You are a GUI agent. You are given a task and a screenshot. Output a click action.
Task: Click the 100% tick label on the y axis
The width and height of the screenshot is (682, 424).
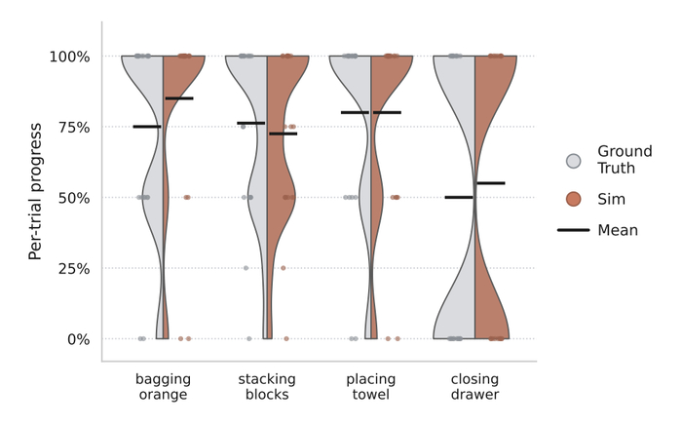click(x=69, y=57)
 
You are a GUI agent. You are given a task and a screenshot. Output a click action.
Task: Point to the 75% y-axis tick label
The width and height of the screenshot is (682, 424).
click(x=74, y=128)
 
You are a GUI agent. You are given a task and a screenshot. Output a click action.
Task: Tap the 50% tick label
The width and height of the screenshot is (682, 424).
click(x=74, y=198)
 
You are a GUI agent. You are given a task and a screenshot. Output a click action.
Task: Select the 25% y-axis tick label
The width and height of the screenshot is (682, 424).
click(x=74, y=269)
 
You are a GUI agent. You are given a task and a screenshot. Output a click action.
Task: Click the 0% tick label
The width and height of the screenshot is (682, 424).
click(x=79, y=339)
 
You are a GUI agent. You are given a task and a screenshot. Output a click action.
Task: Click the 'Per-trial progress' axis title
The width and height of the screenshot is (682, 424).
click(x=35, y=192)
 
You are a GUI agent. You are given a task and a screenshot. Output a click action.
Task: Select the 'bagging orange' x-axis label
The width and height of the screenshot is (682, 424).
click(x=163, y=387)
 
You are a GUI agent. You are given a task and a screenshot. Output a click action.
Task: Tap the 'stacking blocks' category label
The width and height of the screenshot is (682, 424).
click(x=267, y=387)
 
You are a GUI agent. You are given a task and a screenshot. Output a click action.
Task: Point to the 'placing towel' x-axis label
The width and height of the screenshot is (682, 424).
click(x=371, y=387)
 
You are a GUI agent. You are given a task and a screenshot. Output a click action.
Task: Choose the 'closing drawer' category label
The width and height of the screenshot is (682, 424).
click(x=475, y=387)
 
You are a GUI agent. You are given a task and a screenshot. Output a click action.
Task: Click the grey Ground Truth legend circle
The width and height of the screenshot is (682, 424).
click(x=574, y=161)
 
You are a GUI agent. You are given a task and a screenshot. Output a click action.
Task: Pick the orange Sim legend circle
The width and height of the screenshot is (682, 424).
click(x=574, y=199)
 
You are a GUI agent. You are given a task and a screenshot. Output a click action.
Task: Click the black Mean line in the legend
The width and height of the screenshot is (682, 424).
click(x=574, y=230)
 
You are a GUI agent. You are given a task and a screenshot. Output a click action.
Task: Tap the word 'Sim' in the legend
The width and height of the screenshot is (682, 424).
click(x=611, y=199)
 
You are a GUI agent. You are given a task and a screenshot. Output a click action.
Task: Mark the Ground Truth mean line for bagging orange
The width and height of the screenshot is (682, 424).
click(x=147, y=127)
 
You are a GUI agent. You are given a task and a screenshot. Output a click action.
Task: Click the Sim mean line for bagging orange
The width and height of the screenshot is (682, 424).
click(x=179, y=98)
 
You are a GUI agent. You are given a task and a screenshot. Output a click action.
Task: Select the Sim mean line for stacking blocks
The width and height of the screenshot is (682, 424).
click(x=284, y=134)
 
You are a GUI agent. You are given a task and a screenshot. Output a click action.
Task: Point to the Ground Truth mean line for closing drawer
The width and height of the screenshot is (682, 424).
click(x=459, y=198)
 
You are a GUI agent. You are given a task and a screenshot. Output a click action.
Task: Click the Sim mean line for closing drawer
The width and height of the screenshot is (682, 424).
click(x=491, y=183)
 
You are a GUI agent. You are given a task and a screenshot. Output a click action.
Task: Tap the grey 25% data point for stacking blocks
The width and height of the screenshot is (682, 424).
click(x=246, y=268)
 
